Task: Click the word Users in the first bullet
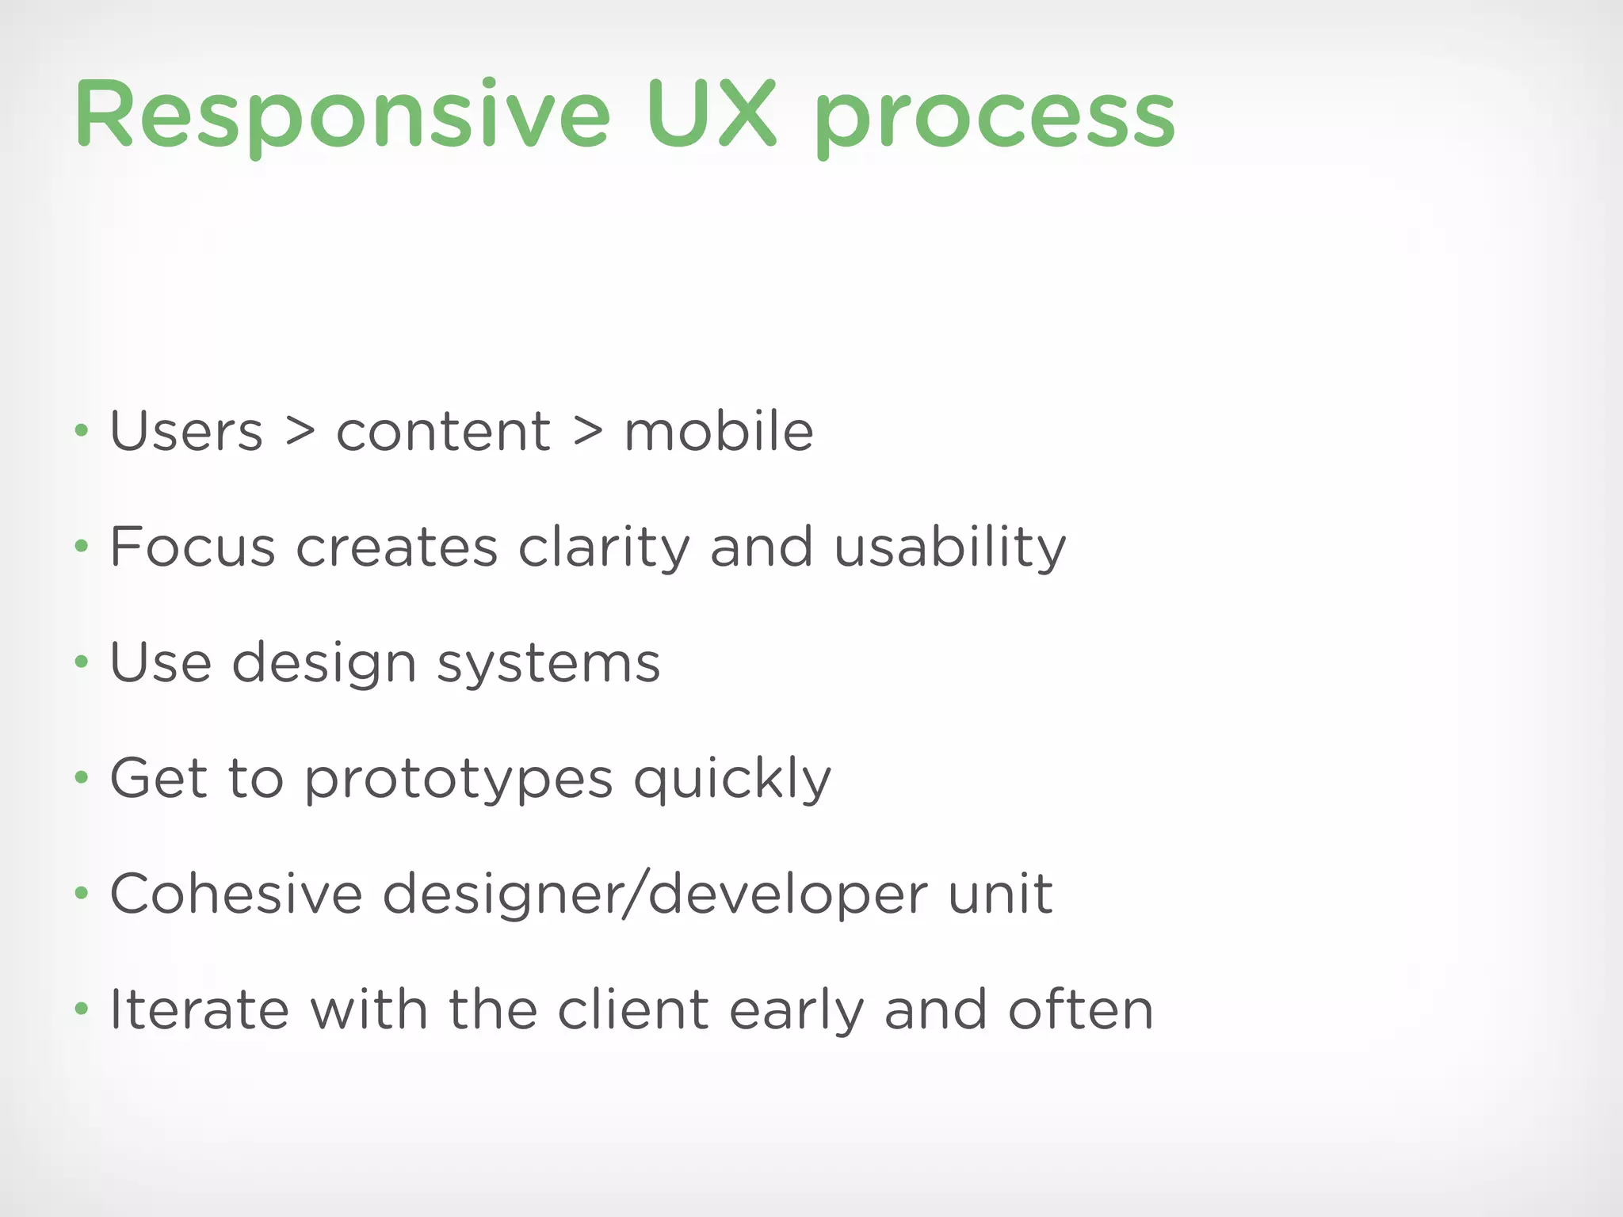[186, 432]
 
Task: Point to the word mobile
[719, 432]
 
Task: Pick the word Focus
[193, 547]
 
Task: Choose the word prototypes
[459, 780]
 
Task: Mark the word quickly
[732, 780]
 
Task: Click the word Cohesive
[236, 894]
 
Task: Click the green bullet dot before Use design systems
[81, 662]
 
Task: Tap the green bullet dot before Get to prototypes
[81, 778]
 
